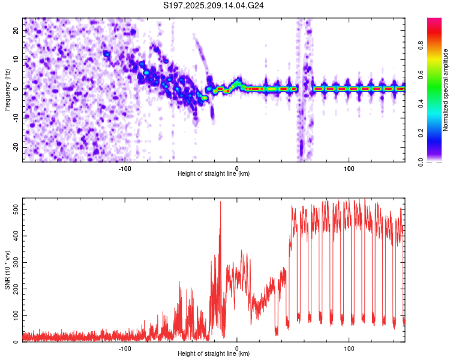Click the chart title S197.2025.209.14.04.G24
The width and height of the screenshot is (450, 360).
213,5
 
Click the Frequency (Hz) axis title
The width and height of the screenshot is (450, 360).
7,90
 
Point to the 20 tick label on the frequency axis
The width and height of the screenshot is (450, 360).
16,30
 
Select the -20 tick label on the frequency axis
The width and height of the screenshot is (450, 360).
16,147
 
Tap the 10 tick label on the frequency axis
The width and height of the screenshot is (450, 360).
16,59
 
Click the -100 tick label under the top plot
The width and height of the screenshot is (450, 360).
125,169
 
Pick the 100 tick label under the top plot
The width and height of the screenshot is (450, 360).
349,169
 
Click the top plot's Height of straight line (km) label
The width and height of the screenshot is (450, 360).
214,173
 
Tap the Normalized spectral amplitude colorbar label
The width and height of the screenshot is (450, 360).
445,90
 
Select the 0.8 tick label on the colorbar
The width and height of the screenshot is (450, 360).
421,46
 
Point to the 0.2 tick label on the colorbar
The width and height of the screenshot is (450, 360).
421,133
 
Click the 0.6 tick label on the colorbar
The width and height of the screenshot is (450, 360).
421,74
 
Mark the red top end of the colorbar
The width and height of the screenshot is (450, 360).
434,19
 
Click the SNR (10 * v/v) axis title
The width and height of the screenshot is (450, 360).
7,270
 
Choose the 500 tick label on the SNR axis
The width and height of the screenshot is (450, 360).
16,209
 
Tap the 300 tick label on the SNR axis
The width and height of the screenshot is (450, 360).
16,262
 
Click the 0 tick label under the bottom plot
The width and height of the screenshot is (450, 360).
237,349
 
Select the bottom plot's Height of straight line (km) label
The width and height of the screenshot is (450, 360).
214,353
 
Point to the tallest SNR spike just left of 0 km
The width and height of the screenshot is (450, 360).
220,202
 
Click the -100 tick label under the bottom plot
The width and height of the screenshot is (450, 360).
125,349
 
